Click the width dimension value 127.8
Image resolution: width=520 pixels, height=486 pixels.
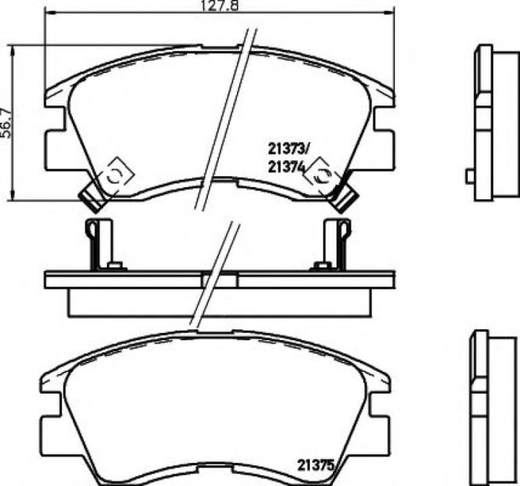point(219,5)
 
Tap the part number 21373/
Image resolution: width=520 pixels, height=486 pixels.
point(288,150)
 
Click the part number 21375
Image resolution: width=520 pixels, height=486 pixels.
point(314,464)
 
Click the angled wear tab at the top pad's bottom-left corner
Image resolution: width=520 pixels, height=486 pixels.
point(90,196)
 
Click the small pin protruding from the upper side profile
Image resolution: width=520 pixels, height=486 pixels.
point(469,176)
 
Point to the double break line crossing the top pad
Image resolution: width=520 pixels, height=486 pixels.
point(226,115)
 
